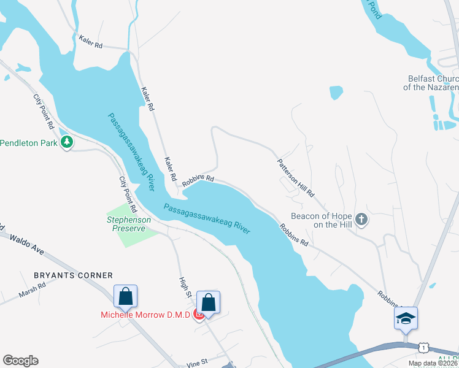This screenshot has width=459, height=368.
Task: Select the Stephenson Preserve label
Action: (126, 223)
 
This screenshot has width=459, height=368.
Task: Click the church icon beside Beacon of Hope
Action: (361, 219)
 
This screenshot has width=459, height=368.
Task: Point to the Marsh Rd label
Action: (33, 290)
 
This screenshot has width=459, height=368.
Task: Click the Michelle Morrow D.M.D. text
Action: (146, 315)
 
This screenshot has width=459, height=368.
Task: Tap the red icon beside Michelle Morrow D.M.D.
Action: (199, 315)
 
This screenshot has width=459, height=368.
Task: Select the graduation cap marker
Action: (406, 318)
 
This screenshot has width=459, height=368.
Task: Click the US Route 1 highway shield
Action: (423, 347)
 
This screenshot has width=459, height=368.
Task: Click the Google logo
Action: (20, 361)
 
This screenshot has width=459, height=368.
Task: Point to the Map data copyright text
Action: (433, 363)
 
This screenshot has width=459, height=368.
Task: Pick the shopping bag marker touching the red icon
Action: (208, 302)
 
